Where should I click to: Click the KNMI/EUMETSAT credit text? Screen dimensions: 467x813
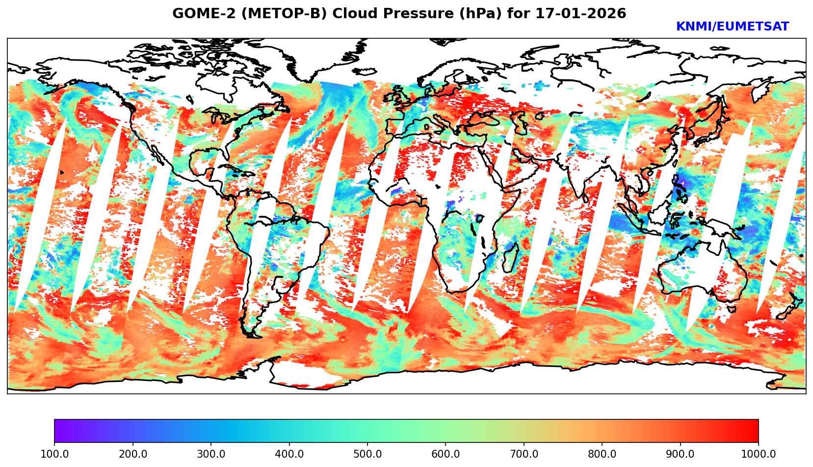[x=732, y=27]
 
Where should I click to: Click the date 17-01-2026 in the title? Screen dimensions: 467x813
[x=581, y=14]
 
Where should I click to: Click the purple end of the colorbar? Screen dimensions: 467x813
[x=59, y=431]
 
